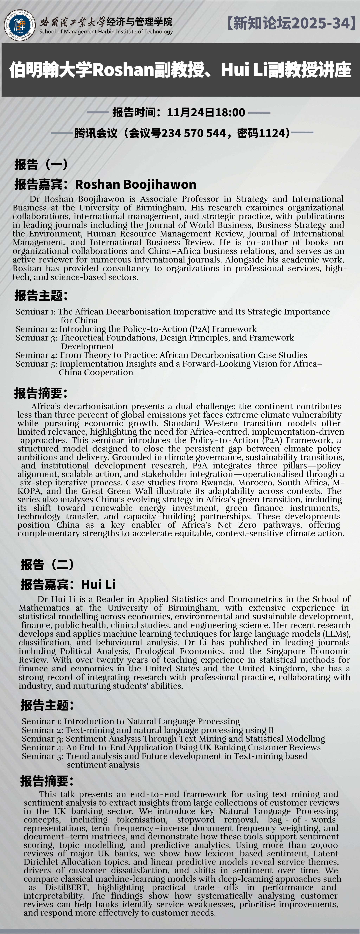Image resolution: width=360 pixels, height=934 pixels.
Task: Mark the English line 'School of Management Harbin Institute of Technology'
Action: click(106, 31)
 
